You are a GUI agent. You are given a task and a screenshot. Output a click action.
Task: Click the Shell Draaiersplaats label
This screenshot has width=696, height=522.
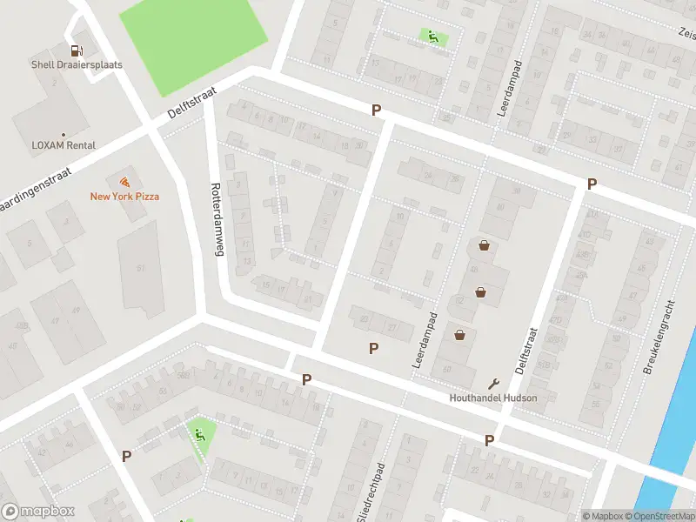click(77, 64)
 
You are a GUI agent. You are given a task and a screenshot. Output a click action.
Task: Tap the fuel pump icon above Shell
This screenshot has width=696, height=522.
click(77, 50)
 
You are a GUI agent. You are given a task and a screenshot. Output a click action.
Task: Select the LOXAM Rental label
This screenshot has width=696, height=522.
click(64, 145)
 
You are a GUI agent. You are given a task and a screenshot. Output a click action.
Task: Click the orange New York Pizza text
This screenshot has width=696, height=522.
click(124, 196)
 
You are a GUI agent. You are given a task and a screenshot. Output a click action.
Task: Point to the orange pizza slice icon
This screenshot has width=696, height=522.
click(124, 182)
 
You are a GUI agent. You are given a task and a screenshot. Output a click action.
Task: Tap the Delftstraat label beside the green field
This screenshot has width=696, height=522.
click(196, 103)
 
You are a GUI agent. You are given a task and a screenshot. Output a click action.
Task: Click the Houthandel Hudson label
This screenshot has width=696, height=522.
click(493, 398)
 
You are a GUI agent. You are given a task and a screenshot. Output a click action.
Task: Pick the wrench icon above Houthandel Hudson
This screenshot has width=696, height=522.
click(494, 384)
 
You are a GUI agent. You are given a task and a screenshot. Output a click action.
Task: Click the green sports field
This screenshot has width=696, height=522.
click(193, 43)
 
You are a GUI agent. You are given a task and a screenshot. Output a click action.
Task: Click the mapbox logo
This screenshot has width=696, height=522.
click(38, 511)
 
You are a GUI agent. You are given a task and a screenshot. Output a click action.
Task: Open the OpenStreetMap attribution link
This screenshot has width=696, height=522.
click(659, 516)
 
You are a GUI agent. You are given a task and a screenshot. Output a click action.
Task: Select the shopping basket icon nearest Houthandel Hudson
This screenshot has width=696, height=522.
click(459, 335)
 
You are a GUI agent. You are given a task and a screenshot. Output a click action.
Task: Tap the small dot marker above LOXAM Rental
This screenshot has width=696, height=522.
click(64, 134)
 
